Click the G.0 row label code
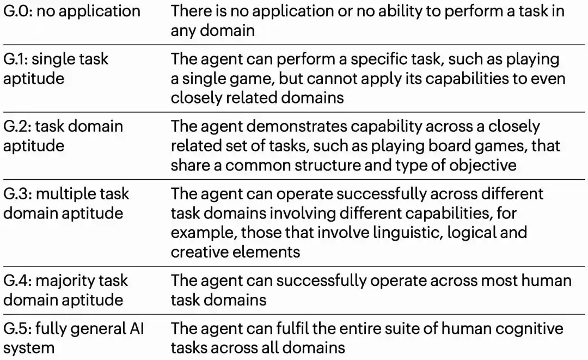(x=18, y=11)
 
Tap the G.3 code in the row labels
(x=18, y=194)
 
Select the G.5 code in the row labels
(x=17, y=328)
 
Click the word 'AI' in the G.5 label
(x=137, y=328)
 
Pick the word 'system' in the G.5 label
(x=29, y=349)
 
